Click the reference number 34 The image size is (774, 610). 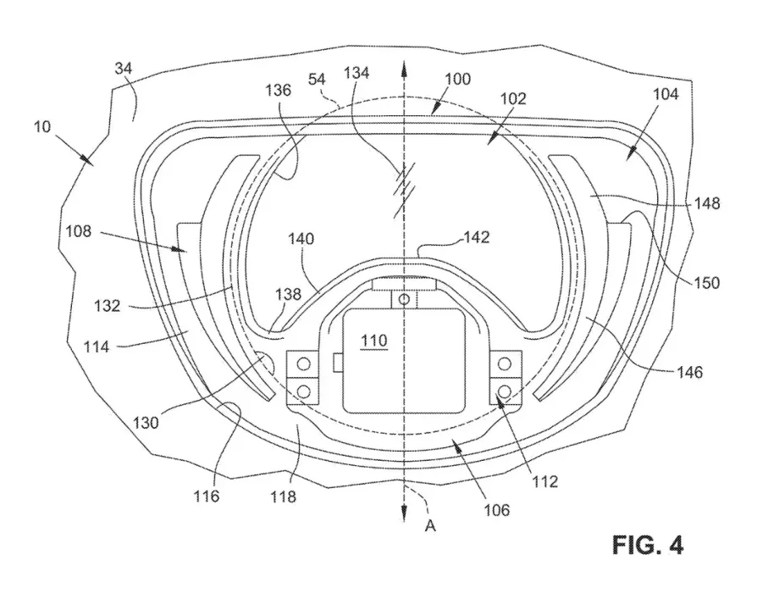point(124,68)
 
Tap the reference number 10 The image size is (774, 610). point(42,127)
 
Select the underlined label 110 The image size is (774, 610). point(373,341)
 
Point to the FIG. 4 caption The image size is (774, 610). point(648,546)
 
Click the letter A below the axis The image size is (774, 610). point(430,526)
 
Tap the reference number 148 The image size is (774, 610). point(707,203)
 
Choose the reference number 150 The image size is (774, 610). point(707,283)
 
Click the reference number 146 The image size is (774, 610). point(689,372)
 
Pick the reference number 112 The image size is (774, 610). point(545,481)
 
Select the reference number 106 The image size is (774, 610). point(496,510)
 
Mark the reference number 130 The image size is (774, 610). point(146,423)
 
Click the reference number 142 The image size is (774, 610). point(477,237)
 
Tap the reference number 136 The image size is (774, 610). point(279,90)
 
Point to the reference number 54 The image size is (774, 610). point(317,79)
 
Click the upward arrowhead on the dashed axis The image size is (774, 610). point(404,69)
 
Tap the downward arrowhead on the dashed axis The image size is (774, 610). point(404,513)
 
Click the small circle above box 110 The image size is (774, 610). point(404,299)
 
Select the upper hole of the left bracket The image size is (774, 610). point(303,364)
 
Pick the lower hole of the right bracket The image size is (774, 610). point(505,391)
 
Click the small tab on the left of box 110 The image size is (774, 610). point(338,363)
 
